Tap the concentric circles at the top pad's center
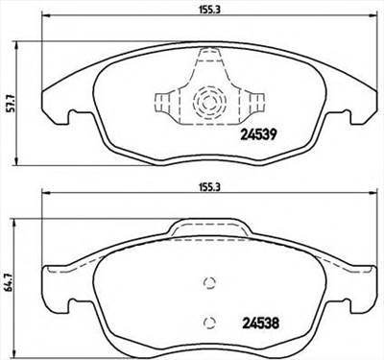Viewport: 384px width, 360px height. click(206, 100)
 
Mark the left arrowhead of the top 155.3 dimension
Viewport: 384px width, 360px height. click(42, 24)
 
